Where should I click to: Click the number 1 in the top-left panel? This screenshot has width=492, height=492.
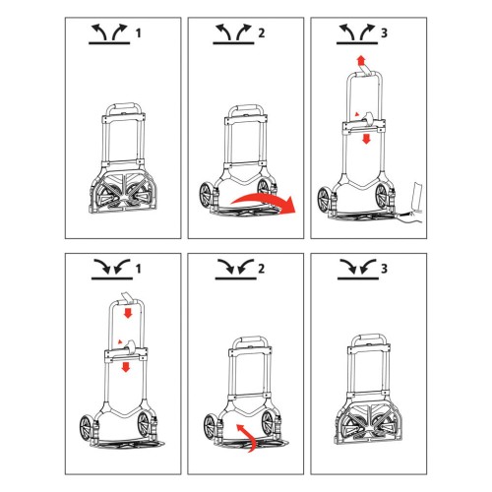(x=139, y=33)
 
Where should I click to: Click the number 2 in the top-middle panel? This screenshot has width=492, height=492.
(x=261, y=33)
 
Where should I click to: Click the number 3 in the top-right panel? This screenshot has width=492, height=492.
(x=384, y=33)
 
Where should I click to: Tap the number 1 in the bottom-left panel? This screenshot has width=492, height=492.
(x=139, y=269)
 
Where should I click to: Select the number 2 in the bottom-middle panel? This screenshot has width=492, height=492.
(x=261, y=269)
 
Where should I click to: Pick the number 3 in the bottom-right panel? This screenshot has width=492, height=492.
(x=384, y=269)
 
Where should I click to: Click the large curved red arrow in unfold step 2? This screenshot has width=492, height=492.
(x=263, y=198)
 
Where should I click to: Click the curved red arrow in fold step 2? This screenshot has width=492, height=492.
(x=247, y=435)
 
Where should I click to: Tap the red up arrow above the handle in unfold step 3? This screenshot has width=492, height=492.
(x=361, y=60)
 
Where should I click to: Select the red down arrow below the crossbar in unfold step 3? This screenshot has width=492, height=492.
(x=366, y=139)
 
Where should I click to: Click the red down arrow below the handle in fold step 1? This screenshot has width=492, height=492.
(x=128, y=313)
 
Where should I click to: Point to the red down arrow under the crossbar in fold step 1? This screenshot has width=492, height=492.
(x=126, y=367)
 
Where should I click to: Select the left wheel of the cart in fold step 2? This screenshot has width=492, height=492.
(x=210, y=426)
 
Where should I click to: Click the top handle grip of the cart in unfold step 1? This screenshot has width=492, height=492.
(x=124, y=107)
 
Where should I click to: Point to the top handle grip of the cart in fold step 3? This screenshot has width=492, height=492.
(x=369, y=338)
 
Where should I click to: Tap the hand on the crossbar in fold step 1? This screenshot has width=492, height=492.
(x=129, y=346)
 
